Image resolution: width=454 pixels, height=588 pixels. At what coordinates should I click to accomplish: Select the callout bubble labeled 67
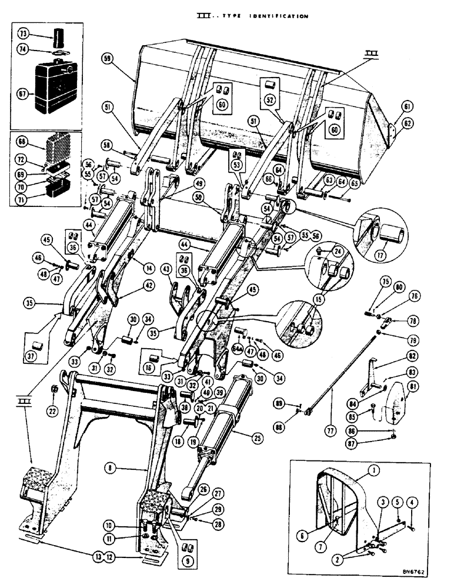23,93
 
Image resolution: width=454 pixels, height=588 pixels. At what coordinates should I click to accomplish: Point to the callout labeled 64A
238,348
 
